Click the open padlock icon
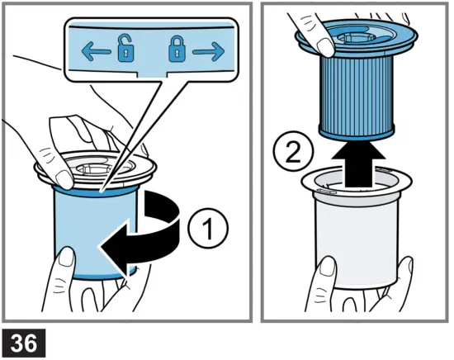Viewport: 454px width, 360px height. pyautogui.click(x=126, y=49)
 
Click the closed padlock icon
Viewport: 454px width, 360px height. pyautogui.click(x=177, y=49)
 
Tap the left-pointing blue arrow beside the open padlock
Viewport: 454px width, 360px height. pyautogui.click(x=96, y=51)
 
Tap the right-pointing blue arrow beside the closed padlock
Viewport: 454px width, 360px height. pyautogui.click(x=209, y=51)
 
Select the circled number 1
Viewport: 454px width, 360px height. pyautogui.click(x=208, y=228)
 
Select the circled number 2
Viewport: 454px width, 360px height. pyautogui.click(x=293, y=152)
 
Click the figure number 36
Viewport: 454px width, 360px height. pyautogui.click(x=24, y=343)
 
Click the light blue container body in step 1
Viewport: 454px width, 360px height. pyautogui.click(x=96, y=232)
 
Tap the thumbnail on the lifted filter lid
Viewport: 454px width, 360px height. pyautogui.click(x=326, y=47)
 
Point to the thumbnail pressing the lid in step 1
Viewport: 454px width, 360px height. pyautogui.click(x=64, y=179)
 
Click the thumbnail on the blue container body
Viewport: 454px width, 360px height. pyautogui.click(x=67, y=256)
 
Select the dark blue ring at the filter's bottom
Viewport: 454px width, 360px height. pyautogui.click(x=357, y=132)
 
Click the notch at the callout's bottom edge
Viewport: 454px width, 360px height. pyautogui.click(x=151, y=74)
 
